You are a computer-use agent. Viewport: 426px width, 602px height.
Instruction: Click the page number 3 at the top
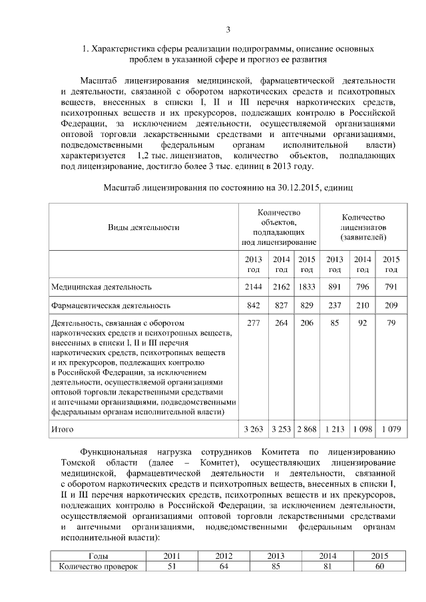coord(228,29)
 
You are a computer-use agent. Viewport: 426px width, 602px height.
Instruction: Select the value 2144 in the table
coord(254,287)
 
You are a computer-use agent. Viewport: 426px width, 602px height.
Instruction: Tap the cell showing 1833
coord(307,287)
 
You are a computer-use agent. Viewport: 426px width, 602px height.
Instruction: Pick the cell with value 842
coord(254,305)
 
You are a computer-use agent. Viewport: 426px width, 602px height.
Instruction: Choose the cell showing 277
coord(254,323)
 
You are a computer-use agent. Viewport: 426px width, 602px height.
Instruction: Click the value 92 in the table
coord(363,323)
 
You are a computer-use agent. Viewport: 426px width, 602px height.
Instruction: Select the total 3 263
coord(254,430)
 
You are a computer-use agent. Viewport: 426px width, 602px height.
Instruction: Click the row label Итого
coord(63,430)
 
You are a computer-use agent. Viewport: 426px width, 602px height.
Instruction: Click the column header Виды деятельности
coord(144,227)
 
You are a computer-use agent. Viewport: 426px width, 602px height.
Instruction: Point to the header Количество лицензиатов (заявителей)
coord(363,227)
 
